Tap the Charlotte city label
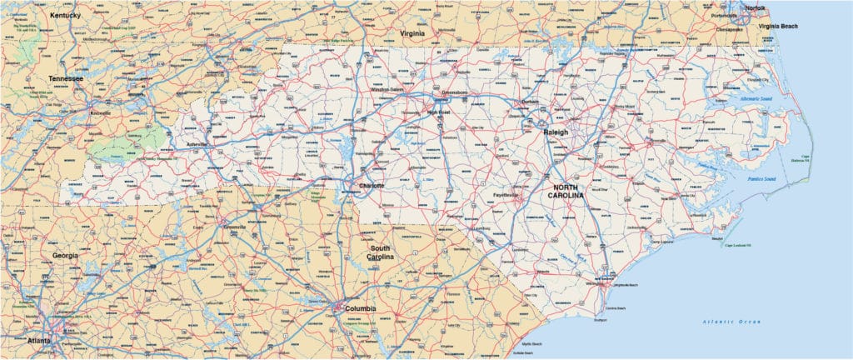click(371, 185)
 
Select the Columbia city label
click(359, 308)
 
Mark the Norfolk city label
click(755, 7)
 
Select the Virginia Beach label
click(778, 27)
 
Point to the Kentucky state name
click(65, 15)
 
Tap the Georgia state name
click(65, 255)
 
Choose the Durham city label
click(530, 102)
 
